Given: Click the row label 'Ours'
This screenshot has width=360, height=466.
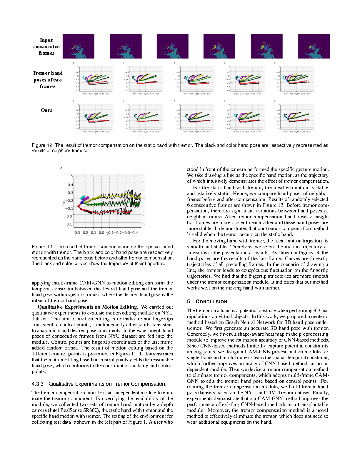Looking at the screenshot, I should tap(46, 110).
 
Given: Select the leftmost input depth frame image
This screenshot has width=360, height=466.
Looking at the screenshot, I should tap(79, 46).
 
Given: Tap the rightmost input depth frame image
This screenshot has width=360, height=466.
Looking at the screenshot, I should tap(314, 46).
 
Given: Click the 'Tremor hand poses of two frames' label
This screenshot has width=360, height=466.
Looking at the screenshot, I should tap(48, 80).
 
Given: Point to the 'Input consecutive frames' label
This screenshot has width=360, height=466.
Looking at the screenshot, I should tap(46, 46).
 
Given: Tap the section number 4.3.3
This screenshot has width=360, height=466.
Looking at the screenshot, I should tap(38, 384).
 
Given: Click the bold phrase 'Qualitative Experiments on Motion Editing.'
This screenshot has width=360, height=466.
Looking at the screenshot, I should tap(88, 307).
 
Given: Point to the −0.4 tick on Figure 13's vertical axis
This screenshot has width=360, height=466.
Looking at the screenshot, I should tap(69, 185).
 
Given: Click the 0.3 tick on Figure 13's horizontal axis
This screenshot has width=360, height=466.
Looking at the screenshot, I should tap(77, 233).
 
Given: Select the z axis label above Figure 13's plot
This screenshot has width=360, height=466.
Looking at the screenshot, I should tap(61, 168).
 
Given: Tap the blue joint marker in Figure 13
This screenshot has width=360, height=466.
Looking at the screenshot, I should tap(82, 203).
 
